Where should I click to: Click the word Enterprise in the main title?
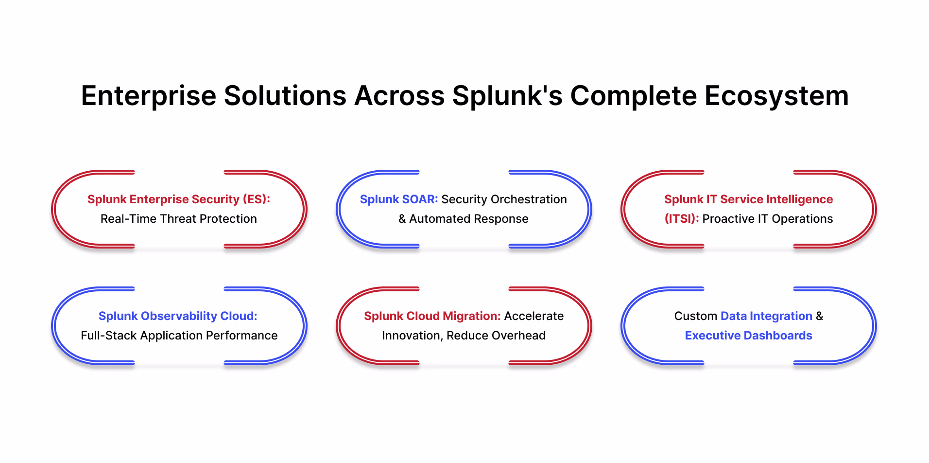click(148, 96)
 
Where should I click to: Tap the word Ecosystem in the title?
click(776, 96)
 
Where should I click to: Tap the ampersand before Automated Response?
click(402, 219)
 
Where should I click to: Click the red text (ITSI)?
click(681, 219)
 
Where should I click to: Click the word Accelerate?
click(533, 316)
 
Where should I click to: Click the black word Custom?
click(695, 316)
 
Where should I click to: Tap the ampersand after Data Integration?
click(819, 316)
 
